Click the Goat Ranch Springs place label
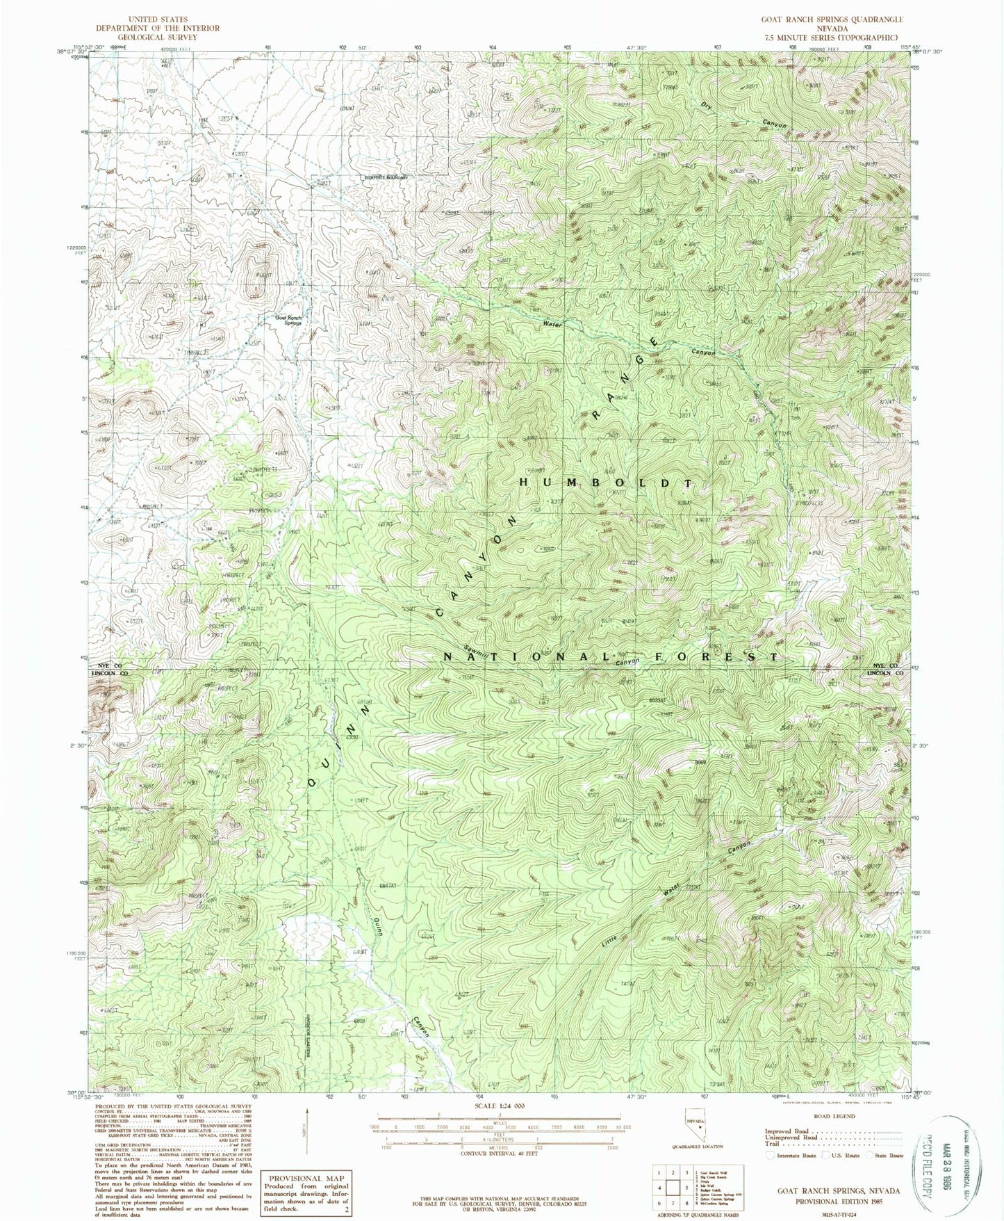click(x=288, y=320)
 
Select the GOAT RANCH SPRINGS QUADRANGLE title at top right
click(x=832, y=19)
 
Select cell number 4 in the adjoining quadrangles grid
click(x=658, y=1189)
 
